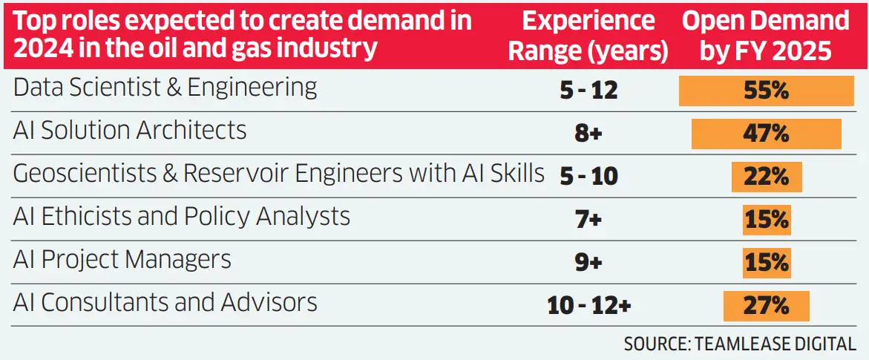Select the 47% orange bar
click(x=766, y=134)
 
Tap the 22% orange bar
click(x=766, y=177)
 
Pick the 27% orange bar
click(x=766, y=306)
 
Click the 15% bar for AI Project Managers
click(x=766, y=263)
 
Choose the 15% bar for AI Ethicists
click(x=766, y=220)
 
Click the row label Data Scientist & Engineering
click(x=165, y=88)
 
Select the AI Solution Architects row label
click(x=130, y=131)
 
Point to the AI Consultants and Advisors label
click(x=165, y=303)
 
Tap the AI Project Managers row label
click(x=122, y=260)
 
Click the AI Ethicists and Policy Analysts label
click(x=181, y=217)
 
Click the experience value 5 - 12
click(x=588, y=91)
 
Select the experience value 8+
click(x=588, y=134)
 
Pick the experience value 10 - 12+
click(x=588, y=306)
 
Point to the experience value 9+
click(x=588, y=263)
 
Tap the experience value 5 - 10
click(x=588, y=177)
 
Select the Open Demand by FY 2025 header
click(x=767, y=36)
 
